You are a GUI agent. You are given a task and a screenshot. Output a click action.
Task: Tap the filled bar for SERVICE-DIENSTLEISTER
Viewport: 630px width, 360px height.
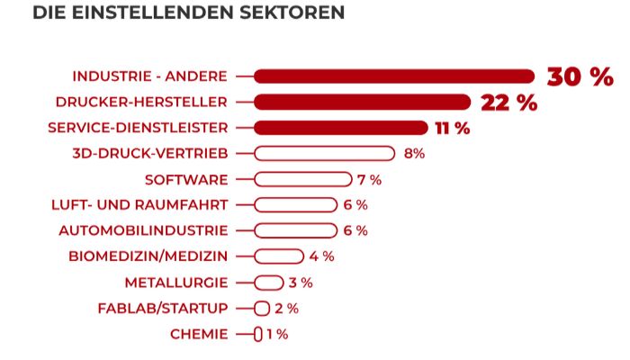(x=340, y=128)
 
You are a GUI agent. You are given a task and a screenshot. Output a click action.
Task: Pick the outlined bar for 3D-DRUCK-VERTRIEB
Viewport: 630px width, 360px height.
(x=324, y=154)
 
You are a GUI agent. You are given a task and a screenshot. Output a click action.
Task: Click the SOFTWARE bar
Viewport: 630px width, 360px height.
(x=302, y=180)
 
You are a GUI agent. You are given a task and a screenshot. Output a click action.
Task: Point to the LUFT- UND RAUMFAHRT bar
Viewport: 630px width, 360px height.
(x=295, y=205)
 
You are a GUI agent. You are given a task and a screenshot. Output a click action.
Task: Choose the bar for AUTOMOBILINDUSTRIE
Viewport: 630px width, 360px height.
(x=295, y=231)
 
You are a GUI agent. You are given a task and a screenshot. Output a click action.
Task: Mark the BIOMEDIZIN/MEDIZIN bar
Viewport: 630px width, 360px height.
(x=279, y=256)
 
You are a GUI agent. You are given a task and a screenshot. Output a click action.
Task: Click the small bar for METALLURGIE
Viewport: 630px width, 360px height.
(x=269, y=283)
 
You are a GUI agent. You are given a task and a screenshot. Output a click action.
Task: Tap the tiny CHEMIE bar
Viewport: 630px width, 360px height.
(x=258, y=335)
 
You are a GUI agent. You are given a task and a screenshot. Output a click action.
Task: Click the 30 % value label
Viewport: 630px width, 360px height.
(x=580, y=76)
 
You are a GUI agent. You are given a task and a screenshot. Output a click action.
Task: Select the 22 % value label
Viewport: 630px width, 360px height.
(x=508, y=103)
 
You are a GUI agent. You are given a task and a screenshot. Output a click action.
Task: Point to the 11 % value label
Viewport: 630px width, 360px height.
(x=452, y=128)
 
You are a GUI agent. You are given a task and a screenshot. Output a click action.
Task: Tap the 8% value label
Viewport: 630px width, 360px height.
(x=414, y=154)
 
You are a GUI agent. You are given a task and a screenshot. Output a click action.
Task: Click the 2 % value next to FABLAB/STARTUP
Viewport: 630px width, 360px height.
(x=286, y=309)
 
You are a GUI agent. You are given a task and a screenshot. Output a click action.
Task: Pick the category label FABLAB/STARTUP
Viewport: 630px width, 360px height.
(x=163, y=309)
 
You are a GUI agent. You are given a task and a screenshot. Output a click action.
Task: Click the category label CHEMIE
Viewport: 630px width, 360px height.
(x=199, y=335)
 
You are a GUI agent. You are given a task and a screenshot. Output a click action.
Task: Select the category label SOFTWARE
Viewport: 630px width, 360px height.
(x=186, y=180)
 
